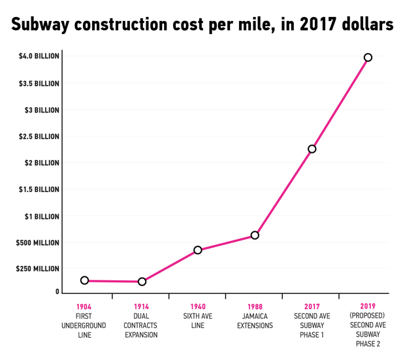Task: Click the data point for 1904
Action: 84,280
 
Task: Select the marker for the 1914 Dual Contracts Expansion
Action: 142,282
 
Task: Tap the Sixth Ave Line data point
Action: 198,250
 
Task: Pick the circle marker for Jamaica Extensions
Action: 255,235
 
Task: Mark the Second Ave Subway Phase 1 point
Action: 312,149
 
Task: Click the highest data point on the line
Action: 368,57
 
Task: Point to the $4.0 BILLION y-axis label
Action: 39,57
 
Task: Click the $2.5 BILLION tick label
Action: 39,137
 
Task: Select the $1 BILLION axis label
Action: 43,216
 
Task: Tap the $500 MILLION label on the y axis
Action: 39,243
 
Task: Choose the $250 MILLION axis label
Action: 39,269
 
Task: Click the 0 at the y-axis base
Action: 57,292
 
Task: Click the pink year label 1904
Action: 84,306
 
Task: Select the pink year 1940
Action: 198,306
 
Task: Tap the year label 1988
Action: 255,306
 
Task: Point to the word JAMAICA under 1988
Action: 255,316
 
